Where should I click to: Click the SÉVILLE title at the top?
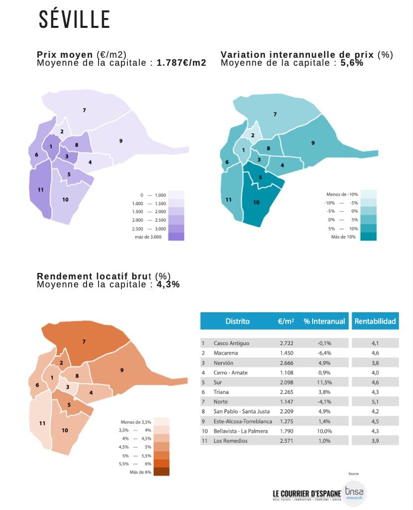75,20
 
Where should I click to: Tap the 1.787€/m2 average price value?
181,63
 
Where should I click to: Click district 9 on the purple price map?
121,141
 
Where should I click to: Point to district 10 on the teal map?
256,202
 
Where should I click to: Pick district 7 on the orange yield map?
84,342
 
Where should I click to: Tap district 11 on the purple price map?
40,190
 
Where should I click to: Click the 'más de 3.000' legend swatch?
176,237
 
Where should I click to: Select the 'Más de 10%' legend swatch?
369,237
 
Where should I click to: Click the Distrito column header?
237,321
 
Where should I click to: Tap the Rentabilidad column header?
375,321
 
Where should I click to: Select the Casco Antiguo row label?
231,343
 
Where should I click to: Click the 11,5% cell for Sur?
324,382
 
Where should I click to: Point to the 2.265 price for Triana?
288,392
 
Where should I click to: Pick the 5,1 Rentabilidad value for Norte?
375,401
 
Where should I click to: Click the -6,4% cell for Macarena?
324,353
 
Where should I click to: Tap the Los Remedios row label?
231,441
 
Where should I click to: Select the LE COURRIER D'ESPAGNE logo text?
307,494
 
